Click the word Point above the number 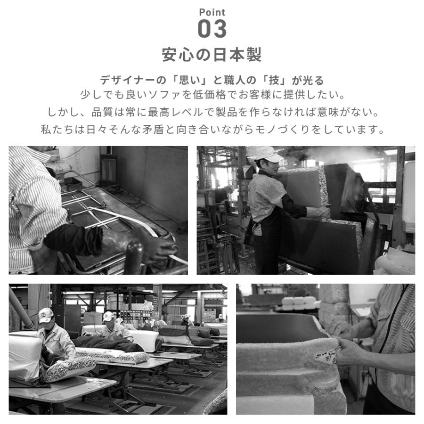point(212,12)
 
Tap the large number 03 point(212,29)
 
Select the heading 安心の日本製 point(212,55)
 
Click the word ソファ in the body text point(165,95)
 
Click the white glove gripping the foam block point(318,212)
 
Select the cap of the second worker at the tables point(108,316)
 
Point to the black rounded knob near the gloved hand point(134,256)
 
